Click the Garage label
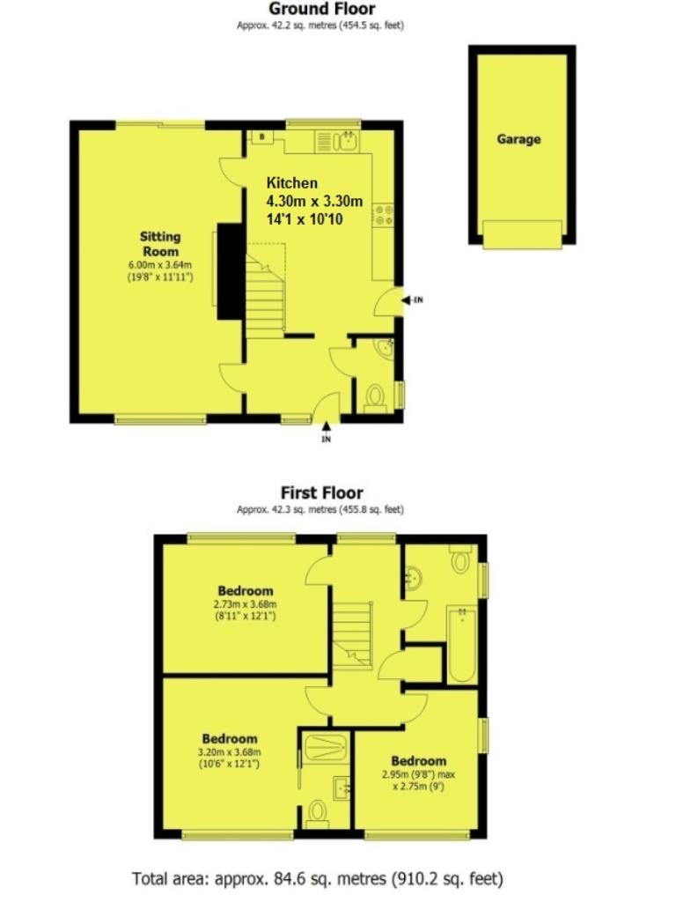click(518, 139)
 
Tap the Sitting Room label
click(160, 244)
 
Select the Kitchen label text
click(292, 183)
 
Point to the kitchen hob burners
click(384, 215)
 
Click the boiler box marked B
click(262, 137)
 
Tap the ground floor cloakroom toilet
click(375, 398)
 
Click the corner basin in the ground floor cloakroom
click(385, 347)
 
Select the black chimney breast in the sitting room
click(230, 271)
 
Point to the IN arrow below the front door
click(326, 432)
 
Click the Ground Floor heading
click(322, 9)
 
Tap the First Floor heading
click(322, 493)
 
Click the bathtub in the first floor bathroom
click(462, 644)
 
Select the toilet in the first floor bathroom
click(460, 558)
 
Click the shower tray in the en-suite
click(326, 748)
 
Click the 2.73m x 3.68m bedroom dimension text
click(245, 604)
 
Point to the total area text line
click(318, 879)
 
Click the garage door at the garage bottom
click(522, 234)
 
